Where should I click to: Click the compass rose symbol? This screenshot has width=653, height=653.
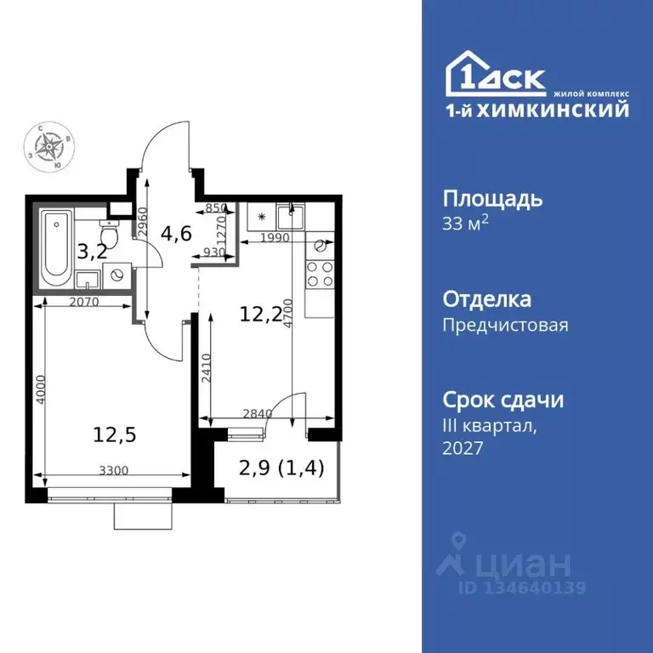coord(53,145)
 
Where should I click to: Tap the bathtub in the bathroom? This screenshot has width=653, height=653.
coord(57,247)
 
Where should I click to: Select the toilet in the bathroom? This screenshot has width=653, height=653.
coord(108,234)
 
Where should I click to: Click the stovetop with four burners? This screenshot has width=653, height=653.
coord(320,272)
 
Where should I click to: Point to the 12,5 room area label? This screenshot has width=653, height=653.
coord(114,434)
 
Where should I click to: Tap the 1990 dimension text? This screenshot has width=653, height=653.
coord(275,238)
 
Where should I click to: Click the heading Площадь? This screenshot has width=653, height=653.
coord(492,199)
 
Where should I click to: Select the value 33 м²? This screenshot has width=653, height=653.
coord(466,224)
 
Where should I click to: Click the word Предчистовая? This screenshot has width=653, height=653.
coord(505,325)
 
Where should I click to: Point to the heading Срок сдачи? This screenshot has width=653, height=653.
coord(503,400)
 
